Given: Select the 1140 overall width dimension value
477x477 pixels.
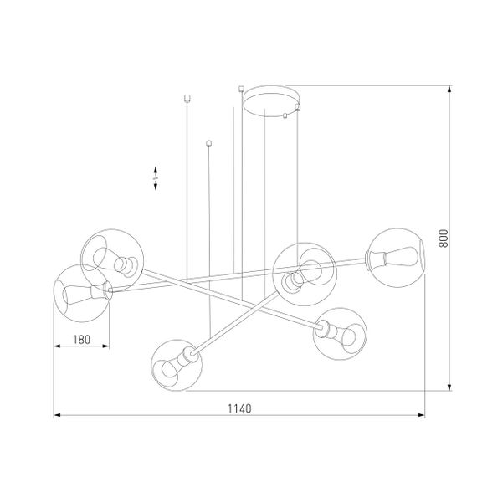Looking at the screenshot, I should tap(239, 408).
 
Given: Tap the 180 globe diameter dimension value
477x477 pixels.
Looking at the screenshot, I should tap(80, 340).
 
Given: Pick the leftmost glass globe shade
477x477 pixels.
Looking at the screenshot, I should tap(80, 292).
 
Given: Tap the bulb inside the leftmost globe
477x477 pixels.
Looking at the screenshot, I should tap(74, 293).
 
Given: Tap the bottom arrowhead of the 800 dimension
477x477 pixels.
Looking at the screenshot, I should tap(453, 389).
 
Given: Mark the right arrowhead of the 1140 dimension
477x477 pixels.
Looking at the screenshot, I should tap(423, 414).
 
